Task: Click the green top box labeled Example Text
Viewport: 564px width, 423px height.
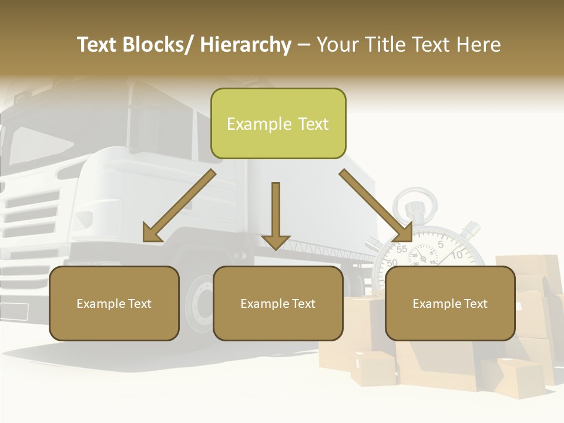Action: click(x=278, y=123)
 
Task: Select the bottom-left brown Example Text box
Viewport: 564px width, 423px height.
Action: click(x=114, y=303)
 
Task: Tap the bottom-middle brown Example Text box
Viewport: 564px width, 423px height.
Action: click(x=278, y=303)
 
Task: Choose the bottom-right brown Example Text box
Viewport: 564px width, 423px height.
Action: click(x=450, y=303)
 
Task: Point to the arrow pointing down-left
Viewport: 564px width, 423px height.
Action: click(x=179, y=206)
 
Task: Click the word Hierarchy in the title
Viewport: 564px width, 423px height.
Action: click(x=246, y=45)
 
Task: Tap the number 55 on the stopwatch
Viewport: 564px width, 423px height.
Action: click(x=402, y=249)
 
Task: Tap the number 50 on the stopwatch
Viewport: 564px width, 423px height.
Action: click(x=392, y=263)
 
